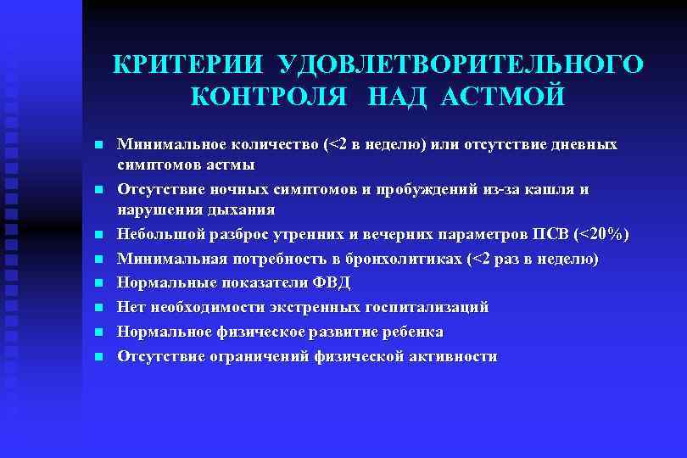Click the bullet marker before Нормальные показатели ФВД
pos(98,282)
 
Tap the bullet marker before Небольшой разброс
pos(98,233)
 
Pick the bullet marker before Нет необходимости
pos(98,307)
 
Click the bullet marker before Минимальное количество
pos(98,145)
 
